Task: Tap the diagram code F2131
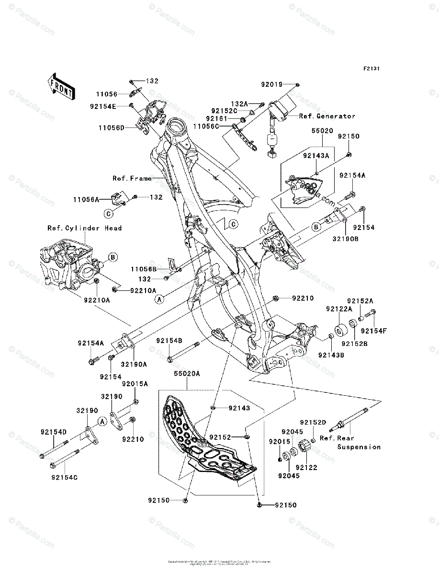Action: (x=371, y=69)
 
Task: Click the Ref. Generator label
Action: (x=327, y=116)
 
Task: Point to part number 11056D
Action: (x=112, y=128)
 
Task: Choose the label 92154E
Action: (x=102, y=106)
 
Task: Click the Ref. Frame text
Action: (x=132, y=178)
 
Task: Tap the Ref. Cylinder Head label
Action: (x=84, y=228)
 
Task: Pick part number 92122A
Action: (x=339, y=309)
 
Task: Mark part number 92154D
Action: (x=54, y=432)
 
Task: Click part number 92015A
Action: (x=135, y=384)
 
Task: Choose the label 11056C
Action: (x=206, y=126)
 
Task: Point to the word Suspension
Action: (x=359, y=447)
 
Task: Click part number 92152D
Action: (x=313, y=422)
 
